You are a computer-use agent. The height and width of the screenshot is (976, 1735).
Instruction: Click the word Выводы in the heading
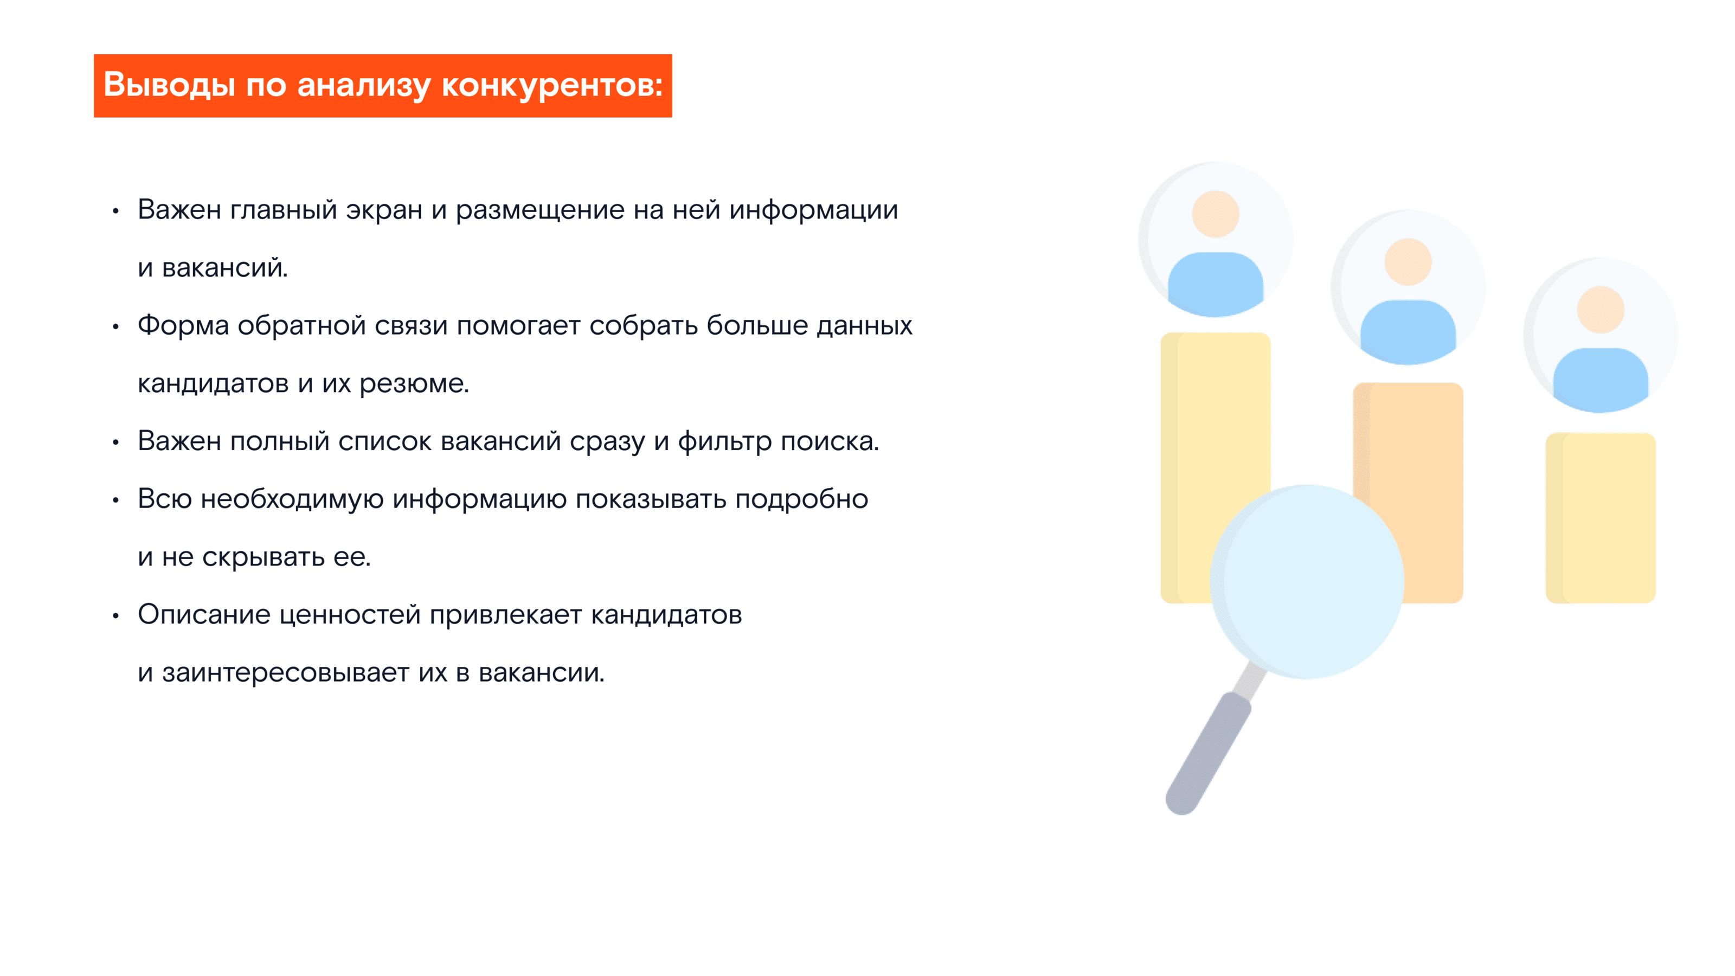pos(169,86)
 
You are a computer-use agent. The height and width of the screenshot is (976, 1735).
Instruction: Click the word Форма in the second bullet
pos(183,325)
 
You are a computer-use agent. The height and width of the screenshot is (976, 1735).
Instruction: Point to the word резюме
pos(414,383)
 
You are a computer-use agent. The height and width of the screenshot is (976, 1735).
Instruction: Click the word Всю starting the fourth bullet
pos(165,499)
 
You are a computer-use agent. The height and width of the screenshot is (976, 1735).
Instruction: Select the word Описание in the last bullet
pos(204,614)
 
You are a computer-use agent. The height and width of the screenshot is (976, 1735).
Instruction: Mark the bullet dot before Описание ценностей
pos(116,615)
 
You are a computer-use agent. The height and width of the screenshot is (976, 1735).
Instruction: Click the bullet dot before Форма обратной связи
pos(116,326)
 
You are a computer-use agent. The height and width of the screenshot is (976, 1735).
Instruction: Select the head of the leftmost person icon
pos(1215,214)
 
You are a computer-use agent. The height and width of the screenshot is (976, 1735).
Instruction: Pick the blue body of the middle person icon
pos(1408,330)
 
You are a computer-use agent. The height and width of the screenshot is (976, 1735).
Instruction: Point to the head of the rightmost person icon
pos(1601,310)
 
